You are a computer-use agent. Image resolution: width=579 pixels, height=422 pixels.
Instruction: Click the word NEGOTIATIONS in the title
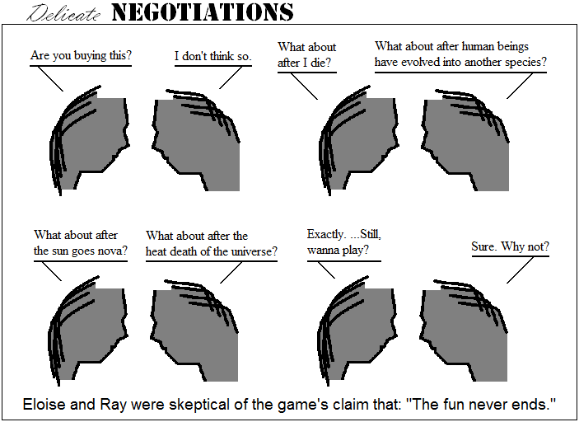(202, 12)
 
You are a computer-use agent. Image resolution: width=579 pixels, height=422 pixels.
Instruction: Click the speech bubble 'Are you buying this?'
(81, 56)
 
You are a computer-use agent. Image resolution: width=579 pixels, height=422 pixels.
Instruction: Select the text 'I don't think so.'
(212, 56)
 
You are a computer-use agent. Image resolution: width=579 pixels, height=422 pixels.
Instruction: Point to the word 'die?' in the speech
(323, 63)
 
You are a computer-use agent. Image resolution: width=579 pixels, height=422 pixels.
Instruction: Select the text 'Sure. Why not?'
(510, 247)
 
